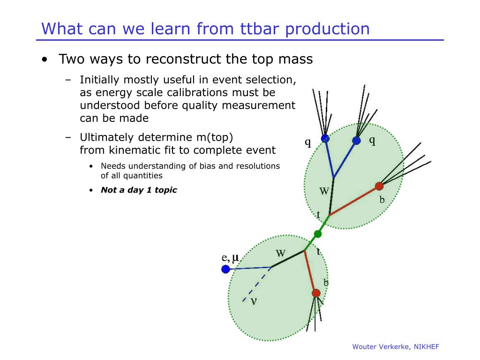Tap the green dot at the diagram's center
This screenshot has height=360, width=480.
pos(318,233)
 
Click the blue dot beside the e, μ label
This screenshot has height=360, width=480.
pos(225,269)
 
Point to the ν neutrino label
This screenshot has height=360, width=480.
pos(254,301)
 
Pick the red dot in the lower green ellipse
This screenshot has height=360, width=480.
pos(316,293)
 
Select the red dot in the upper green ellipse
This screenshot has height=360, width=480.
pos(379,186)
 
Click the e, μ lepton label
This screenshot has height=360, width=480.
pos(230,257)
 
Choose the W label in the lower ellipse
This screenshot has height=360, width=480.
pos(280,253)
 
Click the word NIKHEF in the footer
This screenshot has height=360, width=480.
pos(426,346)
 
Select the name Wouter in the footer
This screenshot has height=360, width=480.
pos(364,346)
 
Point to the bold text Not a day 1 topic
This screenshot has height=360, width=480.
pos(139,190)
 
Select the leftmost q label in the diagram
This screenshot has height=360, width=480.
pos(308,142)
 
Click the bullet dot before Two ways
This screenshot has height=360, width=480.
pos(44,60)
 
